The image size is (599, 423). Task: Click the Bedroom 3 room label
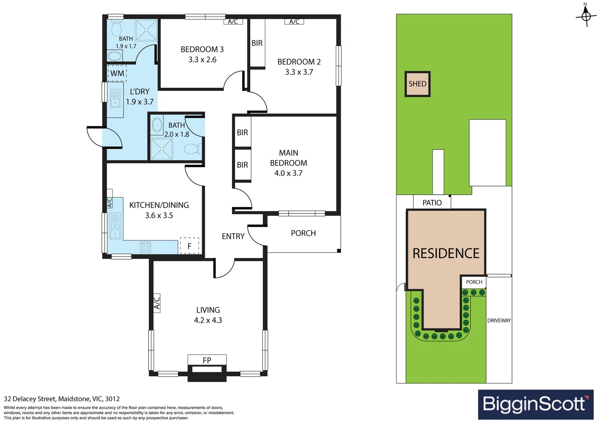coord(202,49)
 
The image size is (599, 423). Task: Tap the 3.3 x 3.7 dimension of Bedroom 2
coord(299,72)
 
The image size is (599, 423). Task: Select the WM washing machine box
coord(117,73)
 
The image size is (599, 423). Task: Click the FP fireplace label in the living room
coord(207,360)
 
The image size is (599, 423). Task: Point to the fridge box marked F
coord(190,246)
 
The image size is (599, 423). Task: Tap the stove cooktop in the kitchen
coord(145,247)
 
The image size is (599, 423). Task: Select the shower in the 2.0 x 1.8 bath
coord(161,149)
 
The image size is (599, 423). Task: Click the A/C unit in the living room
coord(157,303)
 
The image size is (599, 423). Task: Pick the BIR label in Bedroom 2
coord(257,43)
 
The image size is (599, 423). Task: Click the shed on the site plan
coord(418,84)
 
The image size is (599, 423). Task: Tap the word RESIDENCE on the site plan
coord(446,253)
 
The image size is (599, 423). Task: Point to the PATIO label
coord(432,202)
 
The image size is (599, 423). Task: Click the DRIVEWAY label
coord(499,320)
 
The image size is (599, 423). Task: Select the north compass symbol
coord(586,16)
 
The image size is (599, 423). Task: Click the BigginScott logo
coord(536,404)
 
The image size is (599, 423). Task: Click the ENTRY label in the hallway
coord(233,236)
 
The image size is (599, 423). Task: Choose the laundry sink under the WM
coord(115,98)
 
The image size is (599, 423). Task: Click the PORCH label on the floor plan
coord(303,233)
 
